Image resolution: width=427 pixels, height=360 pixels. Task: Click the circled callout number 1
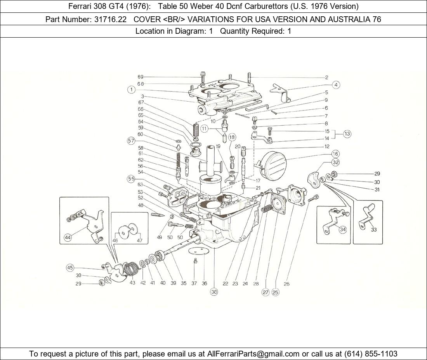click(132, 90)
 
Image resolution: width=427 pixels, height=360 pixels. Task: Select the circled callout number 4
click(335, 85)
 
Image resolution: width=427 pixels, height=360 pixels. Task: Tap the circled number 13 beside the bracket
click(347, 134)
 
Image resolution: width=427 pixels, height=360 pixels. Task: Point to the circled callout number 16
click(335, 154)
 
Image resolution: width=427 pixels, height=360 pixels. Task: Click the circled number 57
click(131, 141)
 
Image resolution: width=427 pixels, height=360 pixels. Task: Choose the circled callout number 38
click(214, 292)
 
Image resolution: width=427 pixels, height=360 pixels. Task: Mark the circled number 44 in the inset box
click(68, 238)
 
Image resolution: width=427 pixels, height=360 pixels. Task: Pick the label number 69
click(141, 77)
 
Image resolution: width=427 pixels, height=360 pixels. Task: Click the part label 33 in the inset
click(373, 230)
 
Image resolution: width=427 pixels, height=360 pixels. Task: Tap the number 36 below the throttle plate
click(204, 284)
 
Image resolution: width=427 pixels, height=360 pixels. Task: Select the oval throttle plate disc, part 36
click(198, 251)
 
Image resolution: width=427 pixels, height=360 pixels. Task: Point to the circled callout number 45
click(70, 268)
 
